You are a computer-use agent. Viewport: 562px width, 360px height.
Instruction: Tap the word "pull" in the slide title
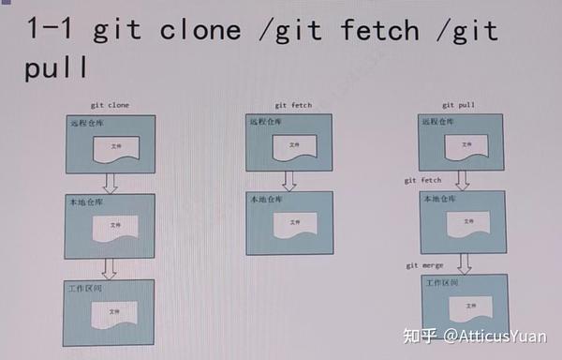point(56,70)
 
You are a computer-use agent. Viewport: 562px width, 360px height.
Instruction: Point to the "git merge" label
point(425,265)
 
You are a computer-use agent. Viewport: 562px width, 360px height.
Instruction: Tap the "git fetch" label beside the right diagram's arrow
point(422,180)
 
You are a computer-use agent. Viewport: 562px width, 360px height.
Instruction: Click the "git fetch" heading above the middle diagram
point(294,107)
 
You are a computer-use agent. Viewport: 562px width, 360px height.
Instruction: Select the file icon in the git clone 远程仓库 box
point(115,148)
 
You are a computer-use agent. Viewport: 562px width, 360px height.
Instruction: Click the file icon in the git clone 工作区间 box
point(115,312)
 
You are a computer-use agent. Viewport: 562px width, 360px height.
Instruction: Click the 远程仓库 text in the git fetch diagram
point(265,121)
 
